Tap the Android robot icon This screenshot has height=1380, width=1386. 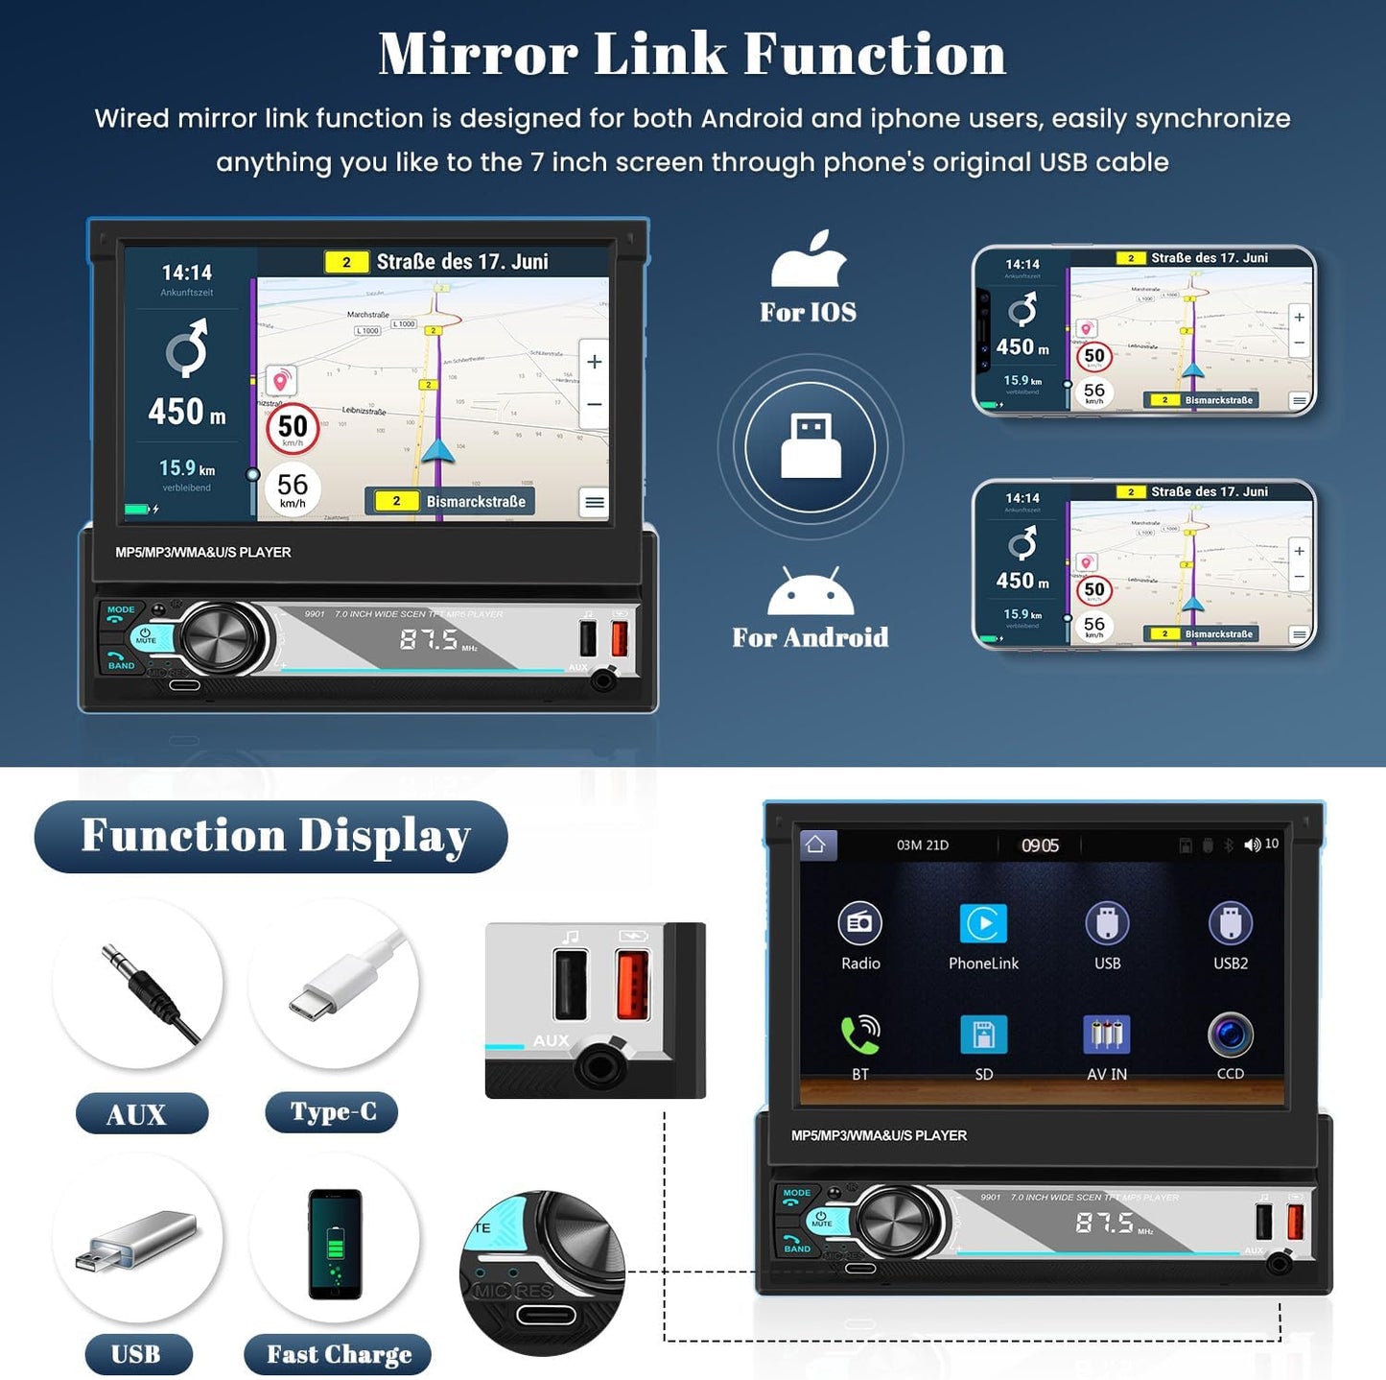[x=810, y=591]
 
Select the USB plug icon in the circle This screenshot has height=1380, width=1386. [x=810, y=446]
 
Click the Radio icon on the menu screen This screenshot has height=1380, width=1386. [x=860, y=923]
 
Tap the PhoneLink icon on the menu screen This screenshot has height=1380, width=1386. [x=983, y=923]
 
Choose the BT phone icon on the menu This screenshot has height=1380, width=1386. [x=860, y=1035]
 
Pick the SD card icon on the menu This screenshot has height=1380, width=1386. [x=983, y=1035]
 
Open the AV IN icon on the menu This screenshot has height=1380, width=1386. [x=1107, y=1035]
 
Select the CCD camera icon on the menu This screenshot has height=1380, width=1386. [x=1231, y=1035]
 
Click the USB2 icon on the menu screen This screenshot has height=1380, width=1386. [x=1231, y=923]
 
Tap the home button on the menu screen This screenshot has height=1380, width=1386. [x=816, y=845]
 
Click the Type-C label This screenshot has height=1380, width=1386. [x=332, y=1112]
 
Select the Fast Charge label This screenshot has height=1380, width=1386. [x=338, y=1354]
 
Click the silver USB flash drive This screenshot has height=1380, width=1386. [x=136, y=1239]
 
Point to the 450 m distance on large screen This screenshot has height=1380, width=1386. [x=187, y=412]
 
